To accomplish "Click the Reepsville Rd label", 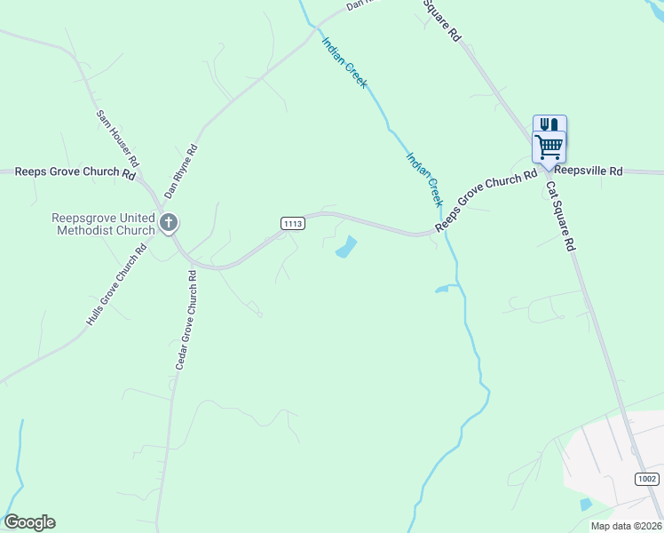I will click(589, 171).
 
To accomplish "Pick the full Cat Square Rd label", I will click(561, 217).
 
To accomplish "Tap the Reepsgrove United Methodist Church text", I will click(104, 224).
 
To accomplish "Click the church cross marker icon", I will click(169, 222).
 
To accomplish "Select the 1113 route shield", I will click(294, 223).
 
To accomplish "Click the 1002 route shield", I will click(647, 479).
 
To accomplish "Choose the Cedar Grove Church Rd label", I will click(185, 320).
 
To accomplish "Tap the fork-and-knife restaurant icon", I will click(549, 125).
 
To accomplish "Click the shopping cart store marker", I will click(549, 147).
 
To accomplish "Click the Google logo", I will click(29, 522).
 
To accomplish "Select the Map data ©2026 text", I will click(626, 526).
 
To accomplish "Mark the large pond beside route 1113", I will click(345, 248).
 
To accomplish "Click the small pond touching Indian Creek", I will click(442, 289).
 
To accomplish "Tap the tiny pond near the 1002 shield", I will click(585, 505).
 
